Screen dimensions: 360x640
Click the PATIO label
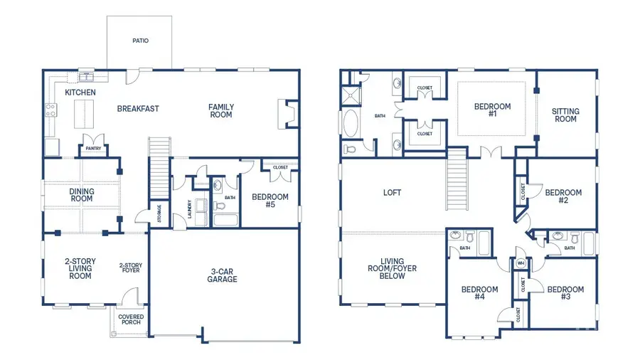140,41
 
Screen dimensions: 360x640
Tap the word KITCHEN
80,92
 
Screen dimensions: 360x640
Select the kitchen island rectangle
82,112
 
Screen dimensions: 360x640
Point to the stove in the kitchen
50,110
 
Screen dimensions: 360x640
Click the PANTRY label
94,149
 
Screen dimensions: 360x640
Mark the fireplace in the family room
287,114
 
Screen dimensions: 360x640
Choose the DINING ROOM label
81,194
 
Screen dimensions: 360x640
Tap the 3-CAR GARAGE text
223,275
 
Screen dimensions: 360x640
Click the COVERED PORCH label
129,319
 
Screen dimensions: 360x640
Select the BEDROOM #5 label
270,201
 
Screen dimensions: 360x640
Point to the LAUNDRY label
190,208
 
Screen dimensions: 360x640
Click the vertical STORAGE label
159,213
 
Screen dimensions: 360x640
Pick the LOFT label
393,192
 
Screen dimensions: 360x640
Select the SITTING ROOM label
565,115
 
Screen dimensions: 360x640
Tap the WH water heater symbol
521,263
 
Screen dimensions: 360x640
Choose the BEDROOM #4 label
479,293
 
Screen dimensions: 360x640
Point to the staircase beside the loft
456,184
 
